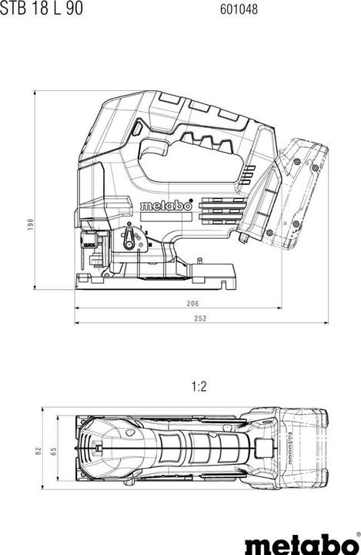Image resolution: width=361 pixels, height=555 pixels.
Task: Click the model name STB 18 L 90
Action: [x=40, y=9]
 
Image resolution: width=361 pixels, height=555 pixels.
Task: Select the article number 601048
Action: [x=239, y=9]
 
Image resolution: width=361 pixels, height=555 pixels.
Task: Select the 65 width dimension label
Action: [x=52, y=450]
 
